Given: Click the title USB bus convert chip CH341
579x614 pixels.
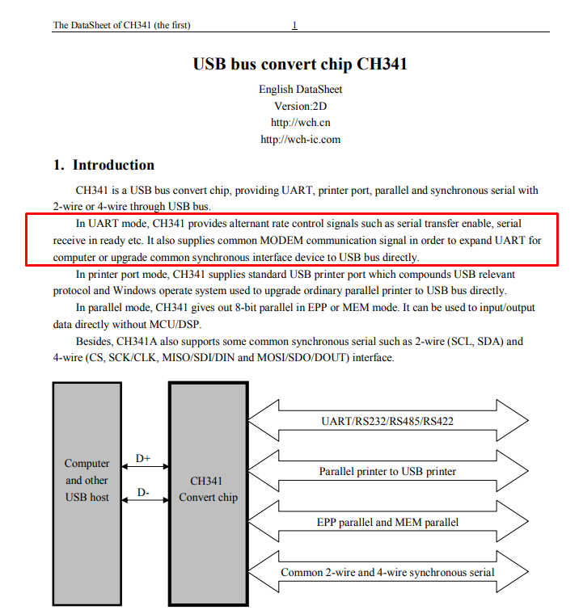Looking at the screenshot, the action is click(x=300, y=64).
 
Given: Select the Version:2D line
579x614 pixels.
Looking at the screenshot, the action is click(x=300, y=106).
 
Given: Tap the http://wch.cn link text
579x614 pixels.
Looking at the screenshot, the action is click(x=300, y=123).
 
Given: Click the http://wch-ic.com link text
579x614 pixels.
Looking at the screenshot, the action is click(x=300, y=140).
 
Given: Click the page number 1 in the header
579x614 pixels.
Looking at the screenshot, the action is click(x=294, y=25).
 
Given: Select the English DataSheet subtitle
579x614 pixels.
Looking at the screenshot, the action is click(x=300, y=90).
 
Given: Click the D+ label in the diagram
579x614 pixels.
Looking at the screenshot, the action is click(x=142, y=458).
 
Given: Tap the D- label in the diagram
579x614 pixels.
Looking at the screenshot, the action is click(x=143, y=492).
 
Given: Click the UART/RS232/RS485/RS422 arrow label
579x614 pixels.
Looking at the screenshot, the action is click(x=387, y=421).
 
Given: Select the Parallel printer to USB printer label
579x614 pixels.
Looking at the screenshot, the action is click(x=387, y=471).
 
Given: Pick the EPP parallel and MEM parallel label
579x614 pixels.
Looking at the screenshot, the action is click(x=387, y=522).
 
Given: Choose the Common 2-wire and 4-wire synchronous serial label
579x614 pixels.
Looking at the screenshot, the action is click(x=387, y=572).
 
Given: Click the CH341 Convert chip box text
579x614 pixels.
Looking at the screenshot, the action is click(x=208, y=489).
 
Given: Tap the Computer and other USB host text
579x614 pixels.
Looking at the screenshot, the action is click(x=87, y=480).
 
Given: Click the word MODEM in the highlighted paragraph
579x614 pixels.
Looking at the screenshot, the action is click(x=281, y=240).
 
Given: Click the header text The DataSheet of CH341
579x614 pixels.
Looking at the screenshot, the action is click(x=102, y=25).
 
